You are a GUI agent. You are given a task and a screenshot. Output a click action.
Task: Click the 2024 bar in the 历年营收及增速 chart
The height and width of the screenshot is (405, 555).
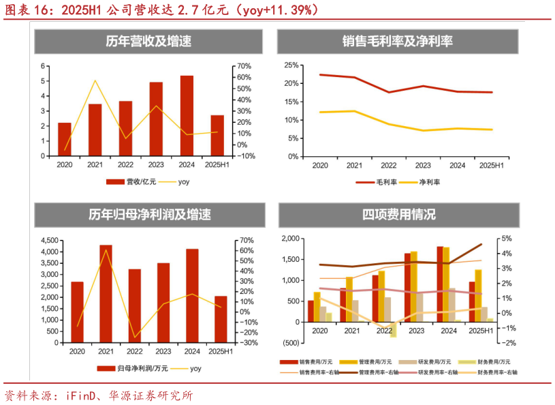point(187,116)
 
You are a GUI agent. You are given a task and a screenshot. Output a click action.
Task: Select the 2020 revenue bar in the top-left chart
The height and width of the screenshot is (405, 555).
point(65,139)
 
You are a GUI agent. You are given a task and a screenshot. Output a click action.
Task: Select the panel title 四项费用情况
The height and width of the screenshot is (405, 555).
point(398,215)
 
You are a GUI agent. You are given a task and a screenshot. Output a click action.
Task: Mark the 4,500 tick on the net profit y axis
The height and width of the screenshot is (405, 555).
point(50,241)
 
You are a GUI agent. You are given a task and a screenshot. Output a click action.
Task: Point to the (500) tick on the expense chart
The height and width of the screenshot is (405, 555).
point(289,343)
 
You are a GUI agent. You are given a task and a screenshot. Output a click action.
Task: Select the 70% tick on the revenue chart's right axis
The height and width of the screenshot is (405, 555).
point(242,66)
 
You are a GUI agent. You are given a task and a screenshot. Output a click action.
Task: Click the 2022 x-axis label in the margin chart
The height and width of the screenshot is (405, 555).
point(388,166)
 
